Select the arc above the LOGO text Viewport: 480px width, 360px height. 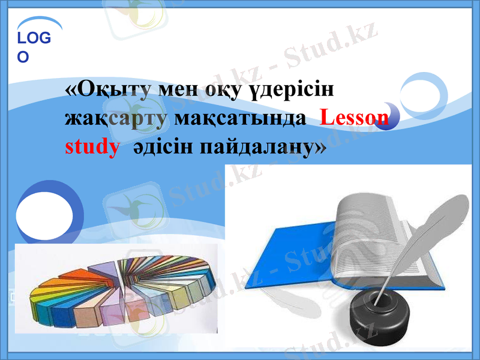(x=39, y=22)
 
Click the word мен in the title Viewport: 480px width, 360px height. (x=178, y=91)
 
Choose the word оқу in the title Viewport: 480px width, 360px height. (x=223, y=91)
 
